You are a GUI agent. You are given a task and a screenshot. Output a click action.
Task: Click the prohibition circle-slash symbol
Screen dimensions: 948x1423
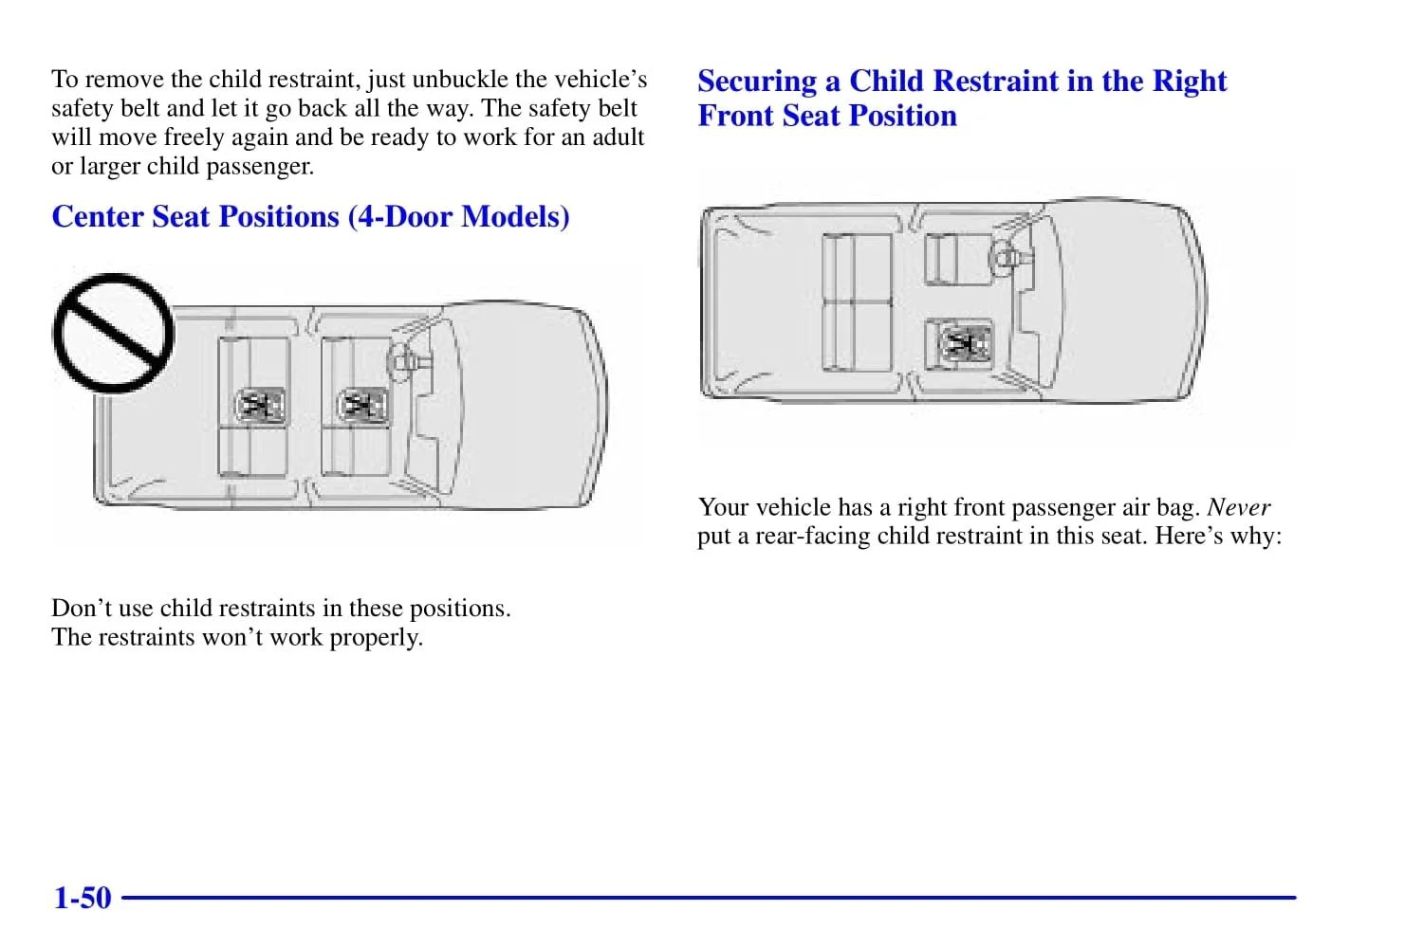point(113,333)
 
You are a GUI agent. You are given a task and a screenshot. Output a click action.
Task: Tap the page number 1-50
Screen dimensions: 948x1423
point(83,897)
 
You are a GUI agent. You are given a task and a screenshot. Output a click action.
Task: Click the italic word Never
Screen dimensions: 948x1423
point(1238,507)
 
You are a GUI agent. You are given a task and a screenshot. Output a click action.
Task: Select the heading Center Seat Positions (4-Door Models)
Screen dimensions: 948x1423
point(310,216)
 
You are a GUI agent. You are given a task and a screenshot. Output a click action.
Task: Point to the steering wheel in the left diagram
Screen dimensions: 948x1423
point(399,358)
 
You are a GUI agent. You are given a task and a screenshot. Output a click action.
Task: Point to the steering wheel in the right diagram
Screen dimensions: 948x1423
point(1003,254)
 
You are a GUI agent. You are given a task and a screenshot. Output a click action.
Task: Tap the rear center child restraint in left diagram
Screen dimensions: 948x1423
point(259,406)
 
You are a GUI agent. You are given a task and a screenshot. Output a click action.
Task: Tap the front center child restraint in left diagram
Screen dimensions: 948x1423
point(362,406)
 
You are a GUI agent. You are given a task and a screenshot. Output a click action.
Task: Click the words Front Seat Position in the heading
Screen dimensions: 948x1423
point(827,117)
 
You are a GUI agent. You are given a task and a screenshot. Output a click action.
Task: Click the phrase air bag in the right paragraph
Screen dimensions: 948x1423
point(1161,507)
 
